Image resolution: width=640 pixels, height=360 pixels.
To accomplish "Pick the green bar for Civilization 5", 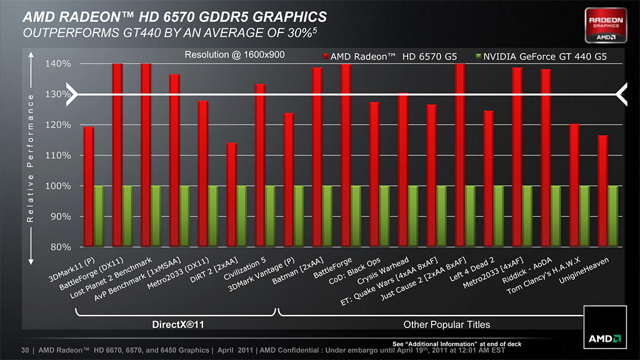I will [270, 216].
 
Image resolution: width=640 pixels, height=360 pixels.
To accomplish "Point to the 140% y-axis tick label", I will [58, 64].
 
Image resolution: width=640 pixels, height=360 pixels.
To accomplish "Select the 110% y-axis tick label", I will [58, 156].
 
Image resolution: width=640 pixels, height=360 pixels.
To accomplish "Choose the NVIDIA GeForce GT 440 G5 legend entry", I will [541, 57].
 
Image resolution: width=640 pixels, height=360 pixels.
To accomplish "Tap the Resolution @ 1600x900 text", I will [234, 54].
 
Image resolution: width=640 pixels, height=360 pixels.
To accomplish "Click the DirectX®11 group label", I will [178, 325].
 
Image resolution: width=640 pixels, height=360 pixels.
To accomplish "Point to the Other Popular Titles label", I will [447, 325].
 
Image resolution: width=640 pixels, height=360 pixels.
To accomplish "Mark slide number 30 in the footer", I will [26, 350].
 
